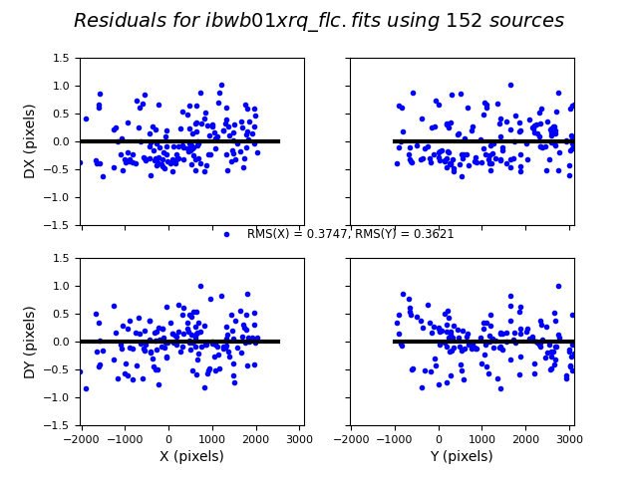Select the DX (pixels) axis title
point(30,141)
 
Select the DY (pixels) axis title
point(30,342)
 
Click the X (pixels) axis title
point(191,456)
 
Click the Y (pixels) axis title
point(461,456)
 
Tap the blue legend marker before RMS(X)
point(226,234)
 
